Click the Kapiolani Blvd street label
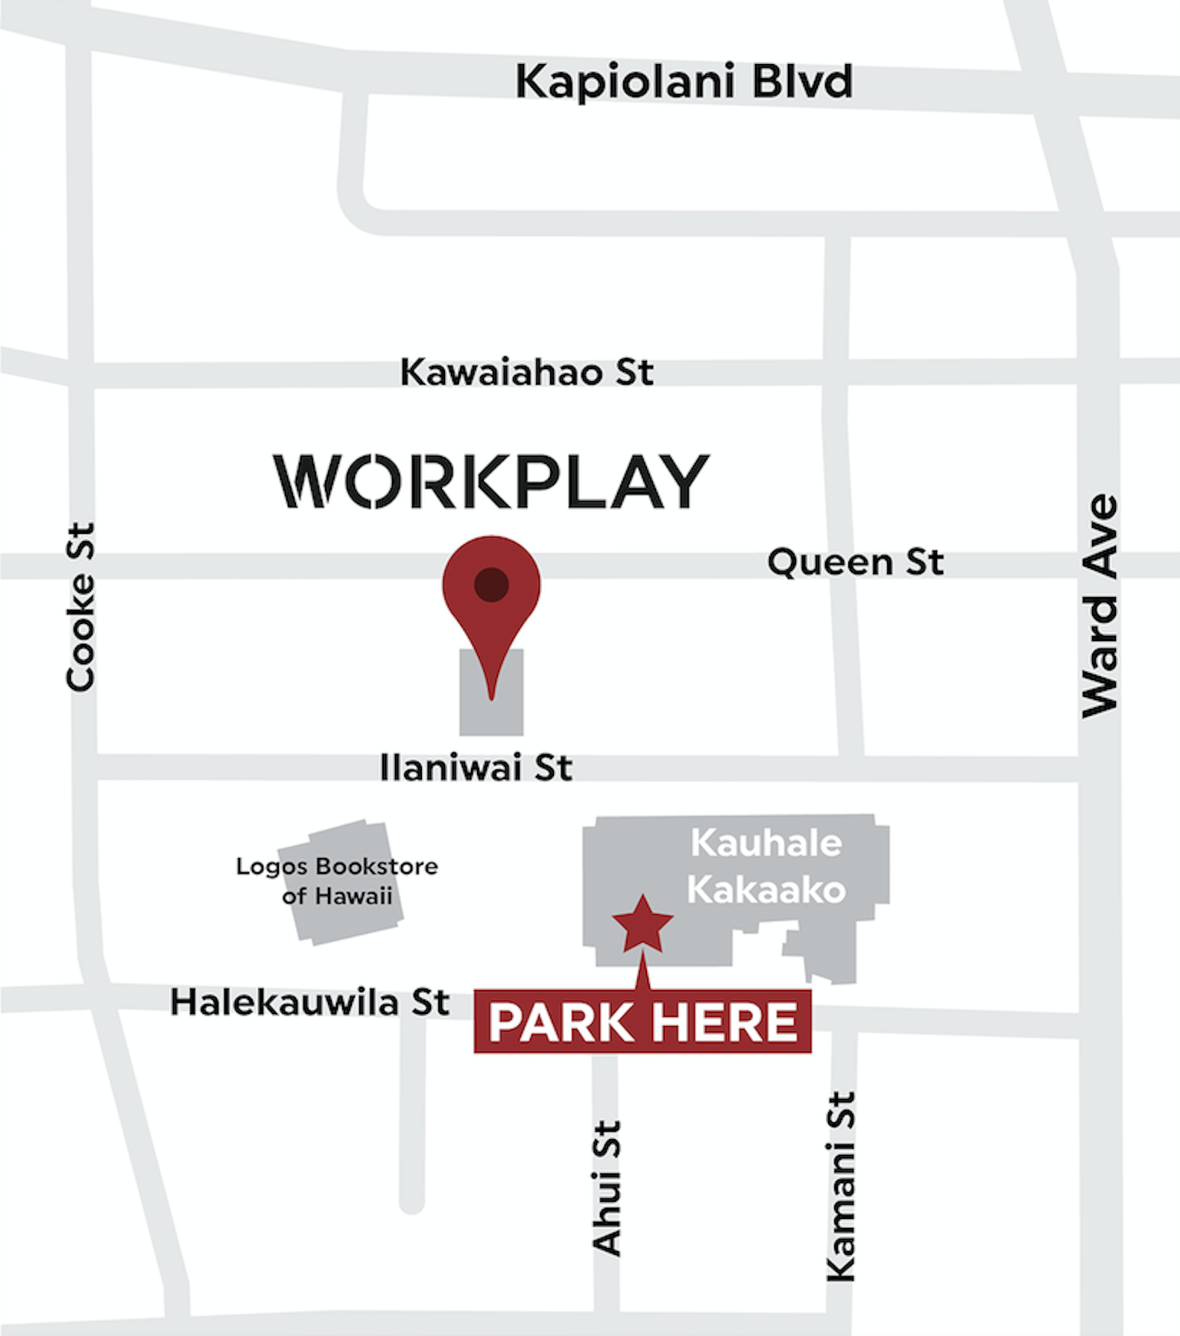684,81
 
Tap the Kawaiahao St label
526,372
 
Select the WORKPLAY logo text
491,482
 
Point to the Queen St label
855,562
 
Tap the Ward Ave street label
1100,605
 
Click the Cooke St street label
81,607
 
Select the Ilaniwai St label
476,767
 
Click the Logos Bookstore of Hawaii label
337,880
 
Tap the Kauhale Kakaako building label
766,866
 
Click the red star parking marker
643,925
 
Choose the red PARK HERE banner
643,1021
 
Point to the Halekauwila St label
309,1002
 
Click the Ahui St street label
607,1188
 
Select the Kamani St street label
842,1187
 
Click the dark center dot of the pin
491,584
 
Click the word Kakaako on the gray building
766,889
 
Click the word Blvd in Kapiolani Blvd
802,81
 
